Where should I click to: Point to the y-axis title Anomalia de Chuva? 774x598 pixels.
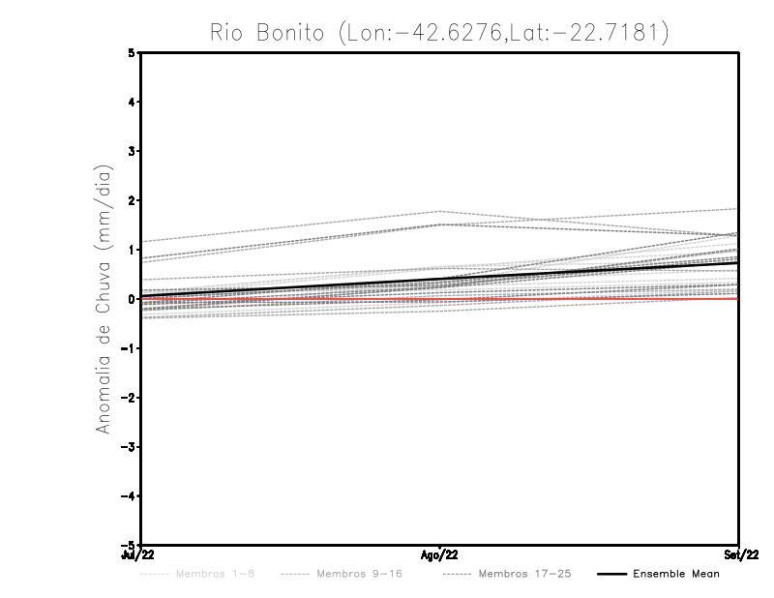click(x=104, y=299)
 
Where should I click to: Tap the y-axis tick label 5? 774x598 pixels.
click(x=132, y=52)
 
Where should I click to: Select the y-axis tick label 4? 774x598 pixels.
click(x=132, y=102)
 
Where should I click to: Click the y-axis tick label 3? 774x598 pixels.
click(x=132, y=151)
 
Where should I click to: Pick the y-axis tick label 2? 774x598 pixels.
click(x=132, y=200)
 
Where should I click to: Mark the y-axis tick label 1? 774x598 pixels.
click(x=132, y=250)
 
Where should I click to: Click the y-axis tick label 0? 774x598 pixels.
click(x=132, y=299)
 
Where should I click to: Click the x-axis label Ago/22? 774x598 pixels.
click(x=440, y=554)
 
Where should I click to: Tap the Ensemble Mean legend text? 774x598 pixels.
click(x=676, y=575)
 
